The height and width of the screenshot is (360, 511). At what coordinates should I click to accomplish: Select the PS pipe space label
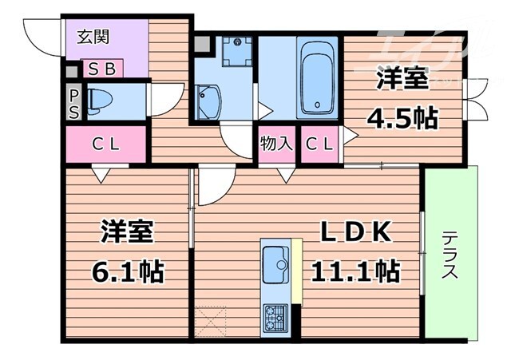tap(73, 103)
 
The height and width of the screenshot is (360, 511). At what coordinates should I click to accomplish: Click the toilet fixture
tap(105, 101)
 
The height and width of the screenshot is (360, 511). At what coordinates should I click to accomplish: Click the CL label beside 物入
tap(321, 144)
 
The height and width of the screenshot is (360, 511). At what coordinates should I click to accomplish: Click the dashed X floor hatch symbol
tap(212, 322)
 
